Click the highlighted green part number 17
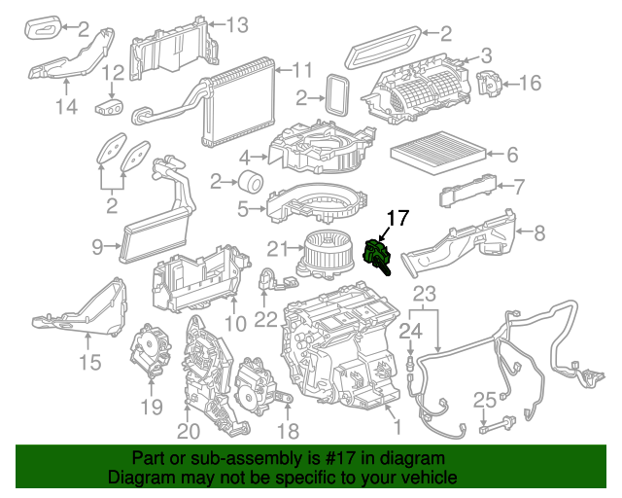coord(376,255)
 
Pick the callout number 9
coord(98,248)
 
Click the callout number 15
coord(89,364)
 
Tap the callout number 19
coord(151,406)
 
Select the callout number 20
coord(189,430)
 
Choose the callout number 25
coord(485,399)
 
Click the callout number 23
coord(425,294)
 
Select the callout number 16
coord(530,84)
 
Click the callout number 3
coord(486,56)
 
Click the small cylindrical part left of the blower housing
coord(251,181)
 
